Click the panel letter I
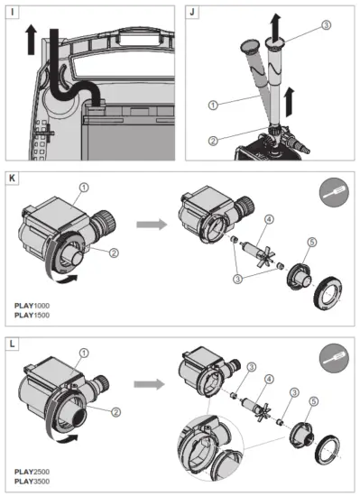pos(12,12)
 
